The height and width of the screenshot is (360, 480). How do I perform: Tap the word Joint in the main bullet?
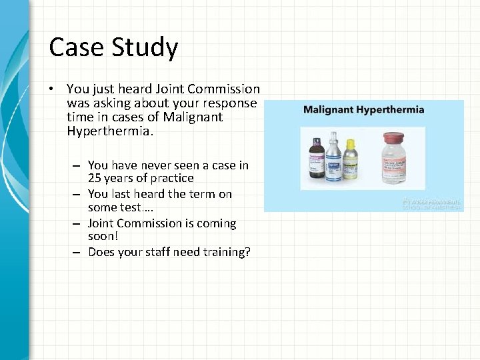[x=171, y=89]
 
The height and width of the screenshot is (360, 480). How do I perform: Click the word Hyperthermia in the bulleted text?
[x=110, y=131]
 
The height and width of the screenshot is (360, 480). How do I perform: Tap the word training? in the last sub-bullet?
[x=223, y=252]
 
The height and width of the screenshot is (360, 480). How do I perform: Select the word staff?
[x=158, y=252]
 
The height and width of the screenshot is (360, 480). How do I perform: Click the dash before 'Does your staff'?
[x=77, y=252]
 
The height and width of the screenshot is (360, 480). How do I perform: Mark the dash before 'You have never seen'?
[x=77, y=165]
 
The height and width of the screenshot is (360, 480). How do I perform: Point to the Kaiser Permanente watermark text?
[x=432, y=203]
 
